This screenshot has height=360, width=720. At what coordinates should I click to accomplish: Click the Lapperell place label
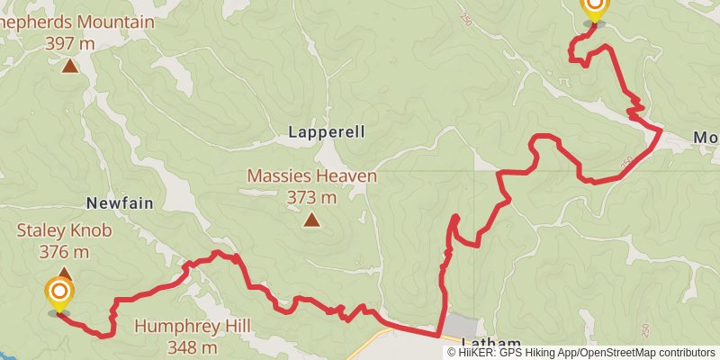[x=327, y=131]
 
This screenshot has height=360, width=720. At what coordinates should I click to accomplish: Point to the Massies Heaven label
[x=311, y=176]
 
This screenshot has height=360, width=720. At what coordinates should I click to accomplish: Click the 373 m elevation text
[x=311, y=196]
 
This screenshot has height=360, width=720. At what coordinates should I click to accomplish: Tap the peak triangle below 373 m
[x=311, y=219]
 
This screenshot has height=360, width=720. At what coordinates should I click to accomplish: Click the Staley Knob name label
[x=65, y=231]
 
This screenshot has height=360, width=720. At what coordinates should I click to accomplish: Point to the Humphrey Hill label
[x=193, y=326]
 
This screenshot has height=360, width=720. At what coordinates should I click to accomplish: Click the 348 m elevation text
[x=193, y=346]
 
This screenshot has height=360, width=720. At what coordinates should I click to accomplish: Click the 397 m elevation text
[x=70, y=41]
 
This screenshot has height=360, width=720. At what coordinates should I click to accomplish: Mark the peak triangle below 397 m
[x=70, y=65]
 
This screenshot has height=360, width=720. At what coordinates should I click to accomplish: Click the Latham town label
[x=491, y=343]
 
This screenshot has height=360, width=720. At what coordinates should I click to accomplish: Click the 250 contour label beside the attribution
[x=644, y=331]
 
